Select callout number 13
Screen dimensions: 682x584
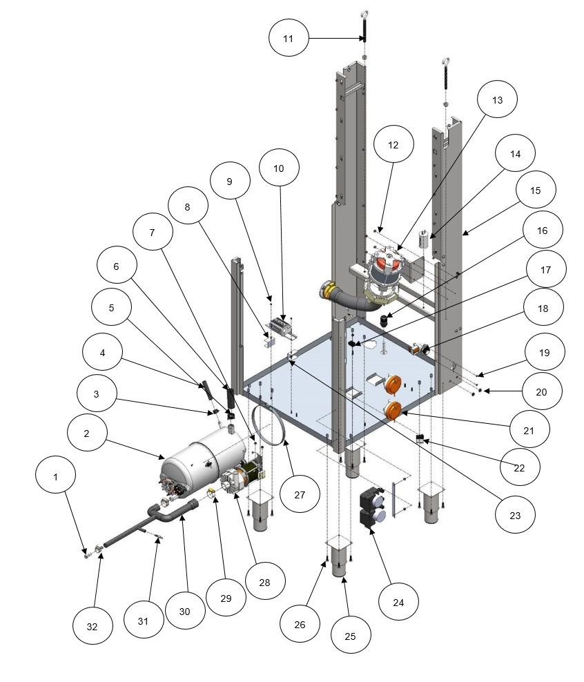(x=498, y=100)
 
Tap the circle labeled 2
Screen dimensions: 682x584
(x=87, y=433)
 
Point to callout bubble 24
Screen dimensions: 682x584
(x=399, y=603)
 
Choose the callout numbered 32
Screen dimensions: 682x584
(x=91, y=627)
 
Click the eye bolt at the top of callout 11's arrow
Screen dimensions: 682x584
(x=363, y=14)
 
